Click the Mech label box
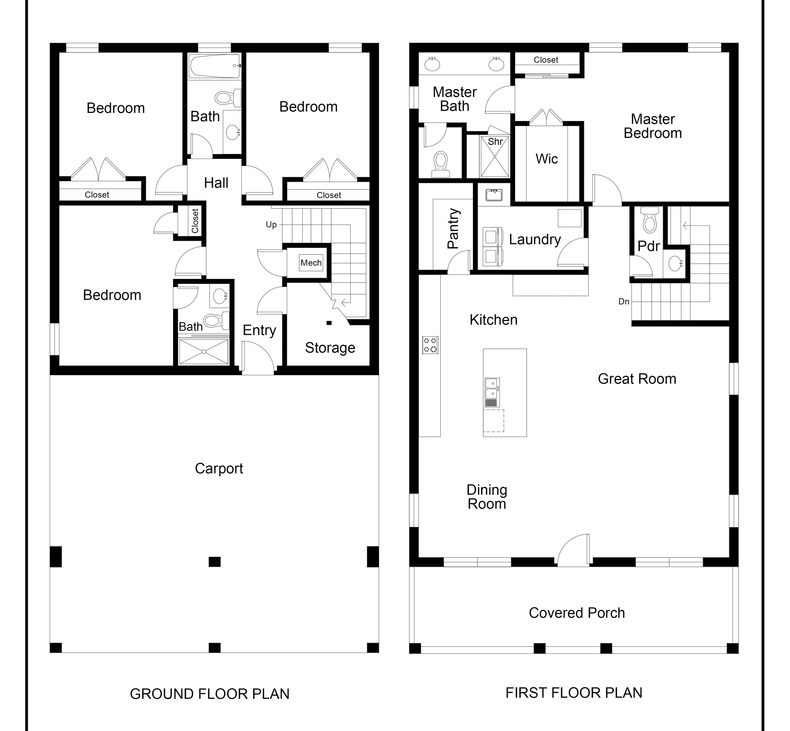point(311,263)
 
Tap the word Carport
point(219,468)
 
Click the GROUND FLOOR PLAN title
point(210,694)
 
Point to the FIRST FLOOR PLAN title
point(574,692)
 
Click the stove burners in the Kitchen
point(430,345)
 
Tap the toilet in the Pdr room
point(649,220)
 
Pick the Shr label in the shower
point(495,142)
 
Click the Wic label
point(547,159)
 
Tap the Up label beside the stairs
point(271,225)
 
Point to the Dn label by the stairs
point(623,301)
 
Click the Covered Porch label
point(577,613)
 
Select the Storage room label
point(330,348)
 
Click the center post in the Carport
point(214,562)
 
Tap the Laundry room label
point(535,240)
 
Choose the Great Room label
point(637,379)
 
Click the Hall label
point(216,183)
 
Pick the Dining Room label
point(487,497)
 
